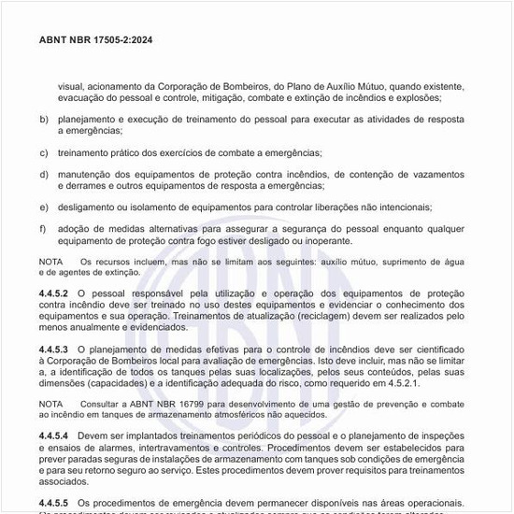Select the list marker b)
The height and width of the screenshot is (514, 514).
44,120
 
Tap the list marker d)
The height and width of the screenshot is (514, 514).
44,174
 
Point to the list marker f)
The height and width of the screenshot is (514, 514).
43,228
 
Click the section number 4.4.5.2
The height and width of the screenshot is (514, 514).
54,294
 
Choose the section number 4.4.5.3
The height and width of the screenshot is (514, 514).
54,349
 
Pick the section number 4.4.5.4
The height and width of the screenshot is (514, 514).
54,436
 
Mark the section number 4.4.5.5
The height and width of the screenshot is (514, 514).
54,502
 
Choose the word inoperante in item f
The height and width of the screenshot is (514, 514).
324,240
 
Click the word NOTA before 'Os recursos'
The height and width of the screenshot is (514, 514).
52,262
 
